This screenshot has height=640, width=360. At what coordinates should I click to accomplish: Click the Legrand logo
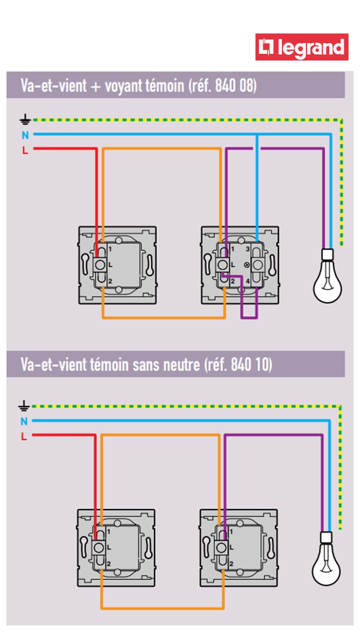tap(301, 47)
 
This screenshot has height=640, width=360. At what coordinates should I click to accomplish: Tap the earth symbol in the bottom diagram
tap(24, 405)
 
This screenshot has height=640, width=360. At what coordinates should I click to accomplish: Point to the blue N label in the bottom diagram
tap(24, 421)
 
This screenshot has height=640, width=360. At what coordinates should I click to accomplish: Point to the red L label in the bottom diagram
tap(23, 436)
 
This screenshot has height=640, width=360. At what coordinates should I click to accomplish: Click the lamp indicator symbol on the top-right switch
tap(245, 264)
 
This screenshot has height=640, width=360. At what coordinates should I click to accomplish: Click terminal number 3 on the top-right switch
tap(246, 249)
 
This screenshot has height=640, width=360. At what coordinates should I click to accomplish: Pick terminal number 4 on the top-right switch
tap(247, 281)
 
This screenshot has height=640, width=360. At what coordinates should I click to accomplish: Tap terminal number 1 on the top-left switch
tap(110, 248)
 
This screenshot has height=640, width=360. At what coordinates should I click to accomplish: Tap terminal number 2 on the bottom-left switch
tap(108, 564)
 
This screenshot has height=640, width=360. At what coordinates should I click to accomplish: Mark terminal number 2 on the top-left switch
tap(110, 280)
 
